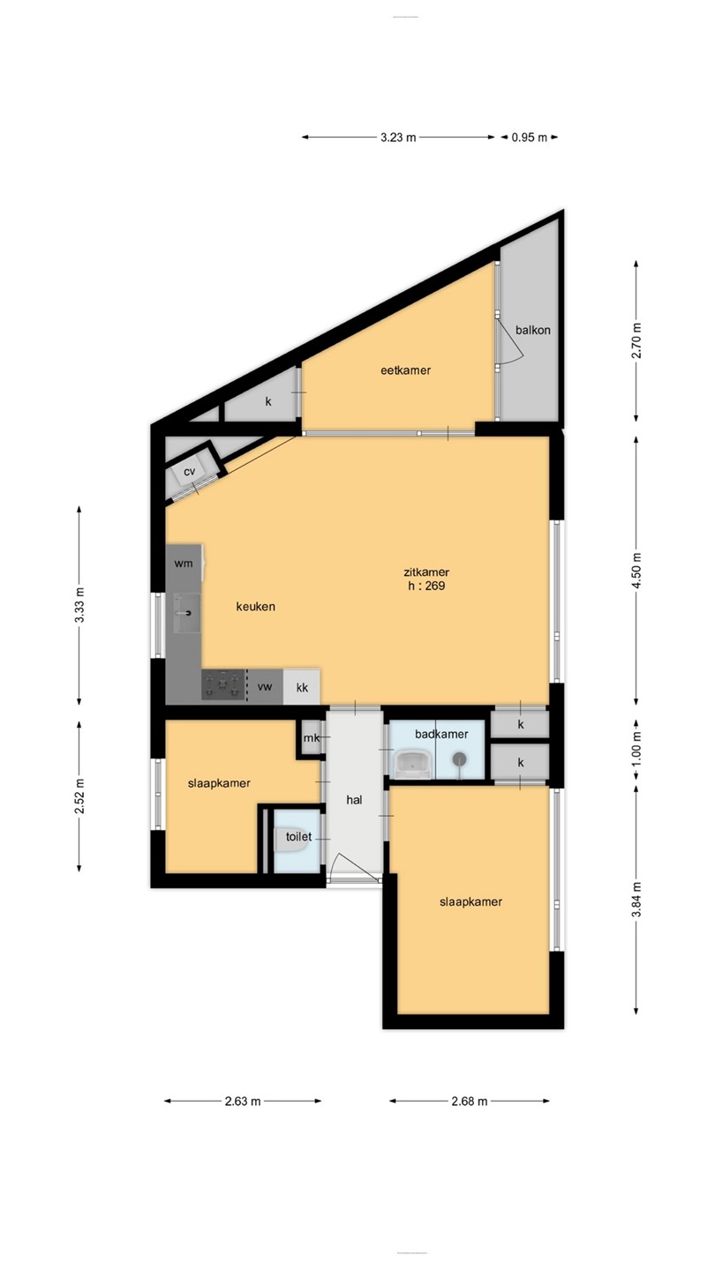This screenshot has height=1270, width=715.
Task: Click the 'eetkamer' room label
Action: pyautogui.click(x=405, y=370)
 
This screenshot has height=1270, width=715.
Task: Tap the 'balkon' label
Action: pyautogui.click(x=533, y=330)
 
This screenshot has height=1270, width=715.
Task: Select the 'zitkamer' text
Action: pyautogui.click(x=426, y=572)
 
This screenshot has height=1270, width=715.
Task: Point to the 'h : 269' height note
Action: pyautogui.click(x=426, y=586)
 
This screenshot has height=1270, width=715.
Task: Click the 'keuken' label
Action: pyautogui.click(x=256, y=607)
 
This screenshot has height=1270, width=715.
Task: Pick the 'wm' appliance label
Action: pyautogui.click(x=184, y=564)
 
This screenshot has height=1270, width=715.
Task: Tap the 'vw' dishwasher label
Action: pyautogui.click(x=265, y=687)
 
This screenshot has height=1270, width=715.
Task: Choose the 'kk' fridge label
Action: pyautogui.click(x=302, y=687)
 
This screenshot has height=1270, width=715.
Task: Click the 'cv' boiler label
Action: pyautogui.click(x=190, y=472)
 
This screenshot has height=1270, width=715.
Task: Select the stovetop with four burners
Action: pyautogui.click(x=223, y=685)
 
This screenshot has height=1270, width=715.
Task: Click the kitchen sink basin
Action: pyautogui.click(x=187, y=613)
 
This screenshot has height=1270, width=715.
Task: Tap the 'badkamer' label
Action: pyautogui.click(x=441, y=734)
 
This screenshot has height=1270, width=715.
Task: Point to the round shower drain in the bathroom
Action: pyautogui.click(x=460, y=758)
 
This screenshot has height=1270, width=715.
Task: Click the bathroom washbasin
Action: pyautogui.click(x=412, y=763)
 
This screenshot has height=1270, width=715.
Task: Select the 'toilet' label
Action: pyautogui.click(x=299, y=836)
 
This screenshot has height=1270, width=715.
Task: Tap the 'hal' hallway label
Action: pyautogui.click(x=354, y=800)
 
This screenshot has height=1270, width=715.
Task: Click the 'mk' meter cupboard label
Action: pyautogui.click(x=312, y=738)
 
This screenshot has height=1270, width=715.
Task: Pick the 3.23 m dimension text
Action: pyautogui.click(x=398, y=138)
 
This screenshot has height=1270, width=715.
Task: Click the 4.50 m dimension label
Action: pyautogui.click(x=636, y=571)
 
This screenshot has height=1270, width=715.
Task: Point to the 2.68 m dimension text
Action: pyautogui.click(x=470, y=1102)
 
